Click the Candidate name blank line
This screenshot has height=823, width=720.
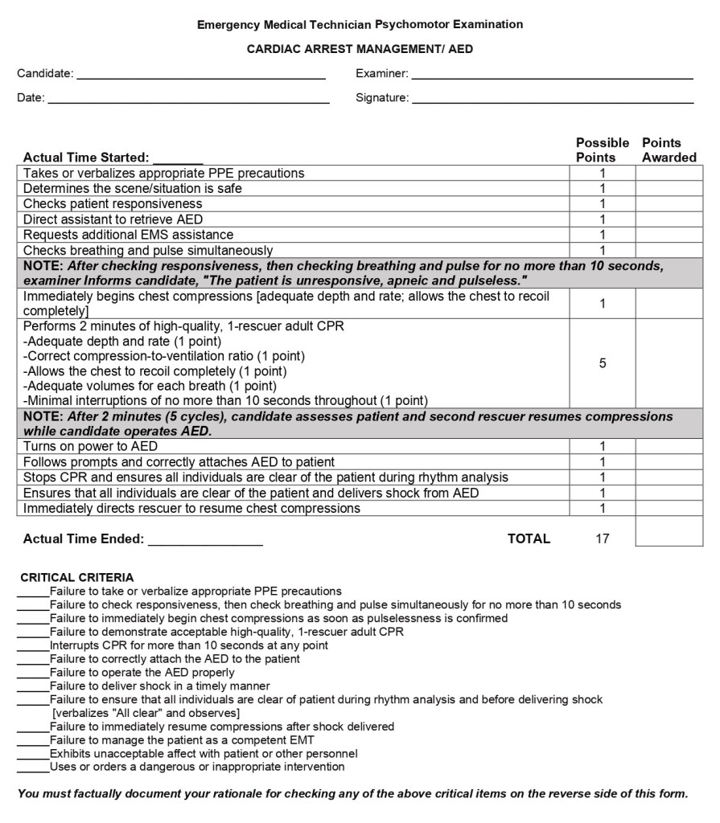(x=201, y=77)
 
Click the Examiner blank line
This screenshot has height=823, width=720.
(x=552, y=77)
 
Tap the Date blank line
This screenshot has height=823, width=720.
(x=188, y=102)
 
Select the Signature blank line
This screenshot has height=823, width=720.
(x=552, y=102)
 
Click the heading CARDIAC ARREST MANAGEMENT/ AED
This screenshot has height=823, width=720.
(x=360, y=49)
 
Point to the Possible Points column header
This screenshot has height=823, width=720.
(x=602, y=150)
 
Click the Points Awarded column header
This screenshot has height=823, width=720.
(x=669, y=150)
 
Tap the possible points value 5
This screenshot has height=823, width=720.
(x=602, y=363)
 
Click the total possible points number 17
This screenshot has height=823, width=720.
(x=602, y=539)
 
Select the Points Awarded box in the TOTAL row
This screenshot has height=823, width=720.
(x=669, y=531)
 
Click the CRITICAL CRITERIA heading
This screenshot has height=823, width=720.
(x=77, y=577)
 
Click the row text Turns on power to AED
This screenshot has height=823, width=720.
(x=90, y=446)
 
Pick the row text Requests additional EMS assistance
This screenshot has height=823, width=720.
(x=128, y=235)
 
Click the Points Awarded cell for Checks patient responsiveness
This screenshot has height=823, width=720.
(x=669, y=204)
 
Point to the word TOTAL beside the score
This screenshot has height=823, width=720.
(x=529, y=539)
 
